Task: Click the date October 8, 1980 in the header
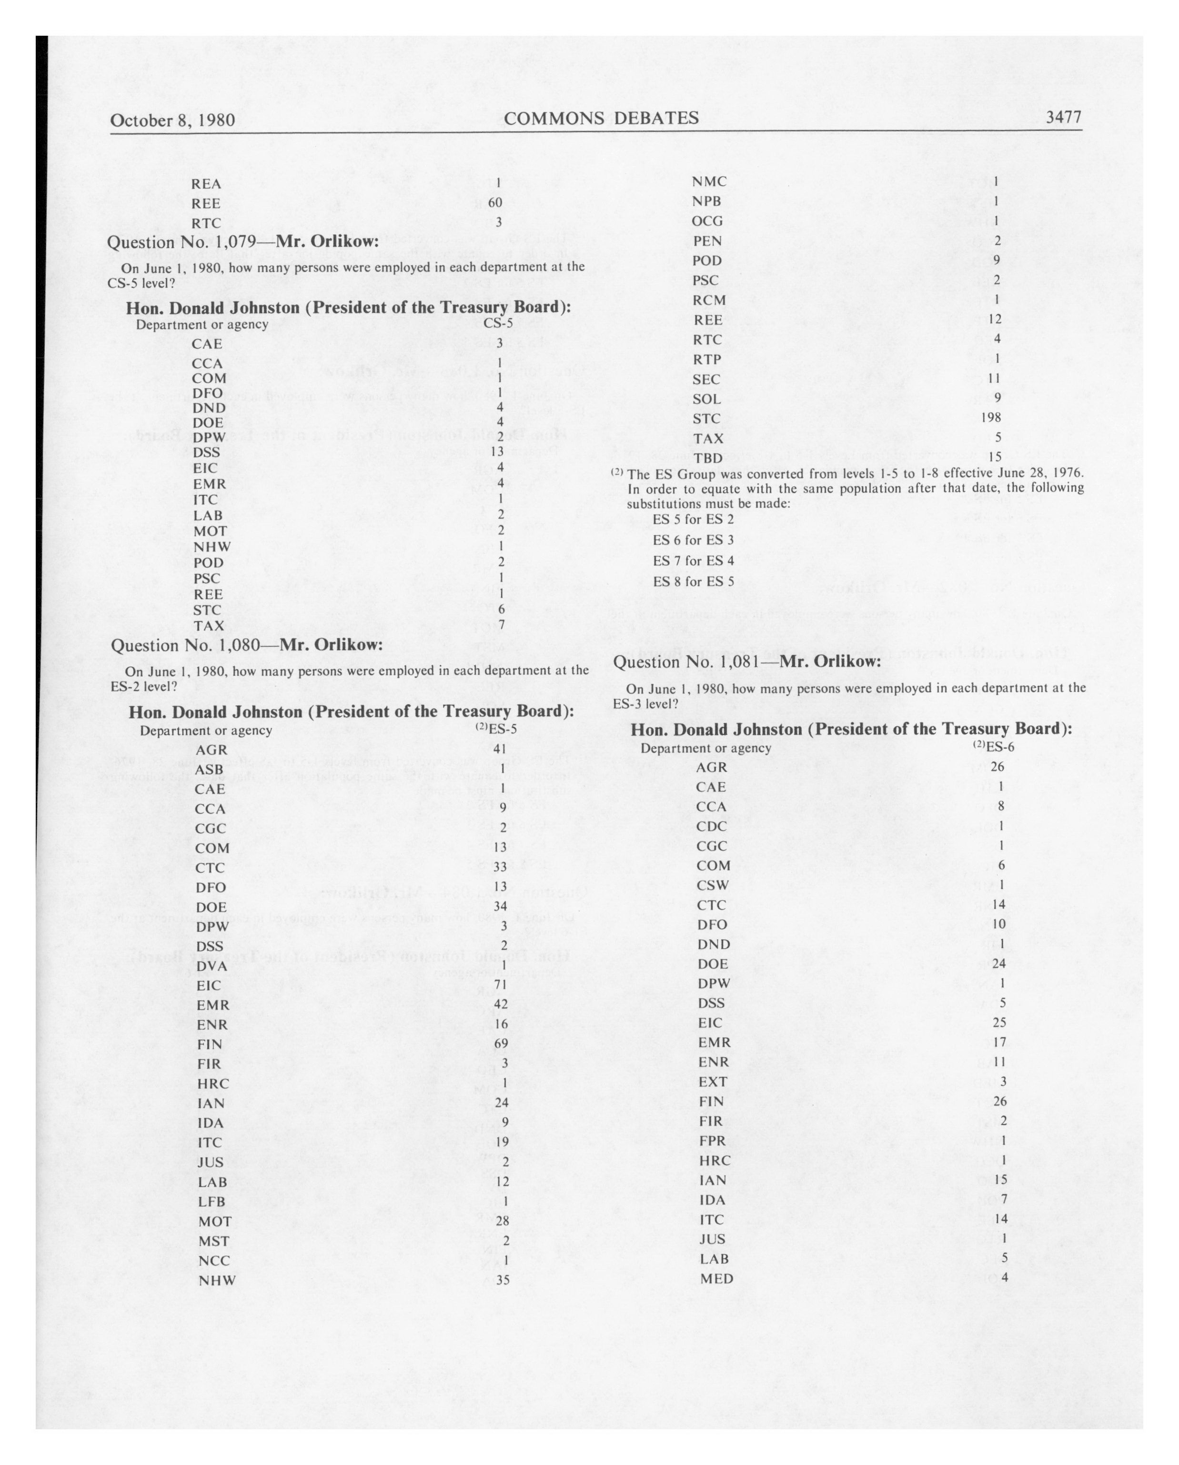[172, 120]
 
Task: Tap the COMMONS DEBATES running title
[601, 118]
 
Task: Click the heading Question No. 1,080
[247, 644]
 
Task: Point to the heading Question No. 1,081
[747, 662]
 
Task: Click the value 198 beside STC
[991, 417]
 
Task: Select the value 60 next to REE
[495, 202]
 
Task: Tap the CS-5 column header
[498, 324]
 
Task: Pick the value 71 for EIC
[502, 984]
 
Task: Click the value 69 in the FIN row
[502, 1044]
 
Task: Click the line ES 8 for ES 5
[693, 582]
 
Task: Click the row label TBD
[707, 458]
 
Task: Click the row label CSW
[712, 885]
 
